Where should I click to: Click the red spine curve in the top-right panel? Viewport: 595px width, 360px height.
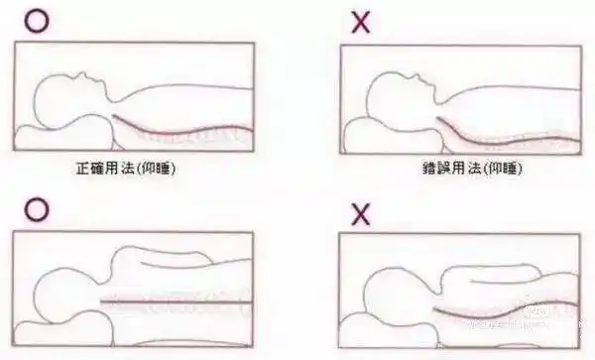(506, 134)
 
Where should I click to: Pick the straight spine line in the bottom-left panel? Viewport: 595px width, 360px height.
(169, 298)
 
